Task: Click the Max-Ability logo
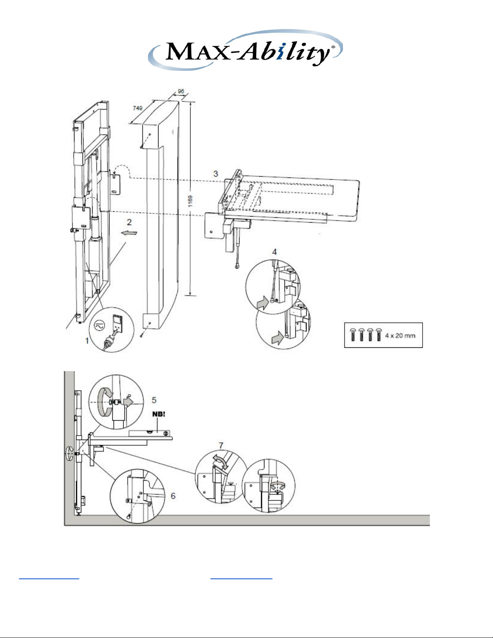click(245, 50)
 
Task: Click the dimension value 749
click(137, 108)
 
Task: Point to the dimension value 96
click(181, 91)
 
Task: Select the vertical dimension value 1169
click(190, 201)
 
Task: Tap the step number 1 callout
click(87, 341)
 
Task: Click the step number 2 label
click(129, 222)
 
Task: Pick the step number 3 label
click(216, 174)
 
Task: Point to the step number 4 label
click(274, 252)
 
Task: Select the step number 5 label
click(154, 400)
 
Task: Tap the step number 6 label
click(173, 496)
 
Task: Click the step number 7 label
click(221, 446)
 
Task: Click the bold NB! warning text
click(159, 414)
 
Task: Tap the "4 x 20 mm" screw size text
click(400, 336)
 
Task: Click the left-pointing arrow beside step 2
click(129, 233)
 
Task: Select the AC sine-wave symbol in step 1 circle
click(99, 325)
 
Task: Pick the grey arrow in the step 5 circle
click(128, 401)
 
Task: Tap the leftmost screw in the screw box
click(353, 334)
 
